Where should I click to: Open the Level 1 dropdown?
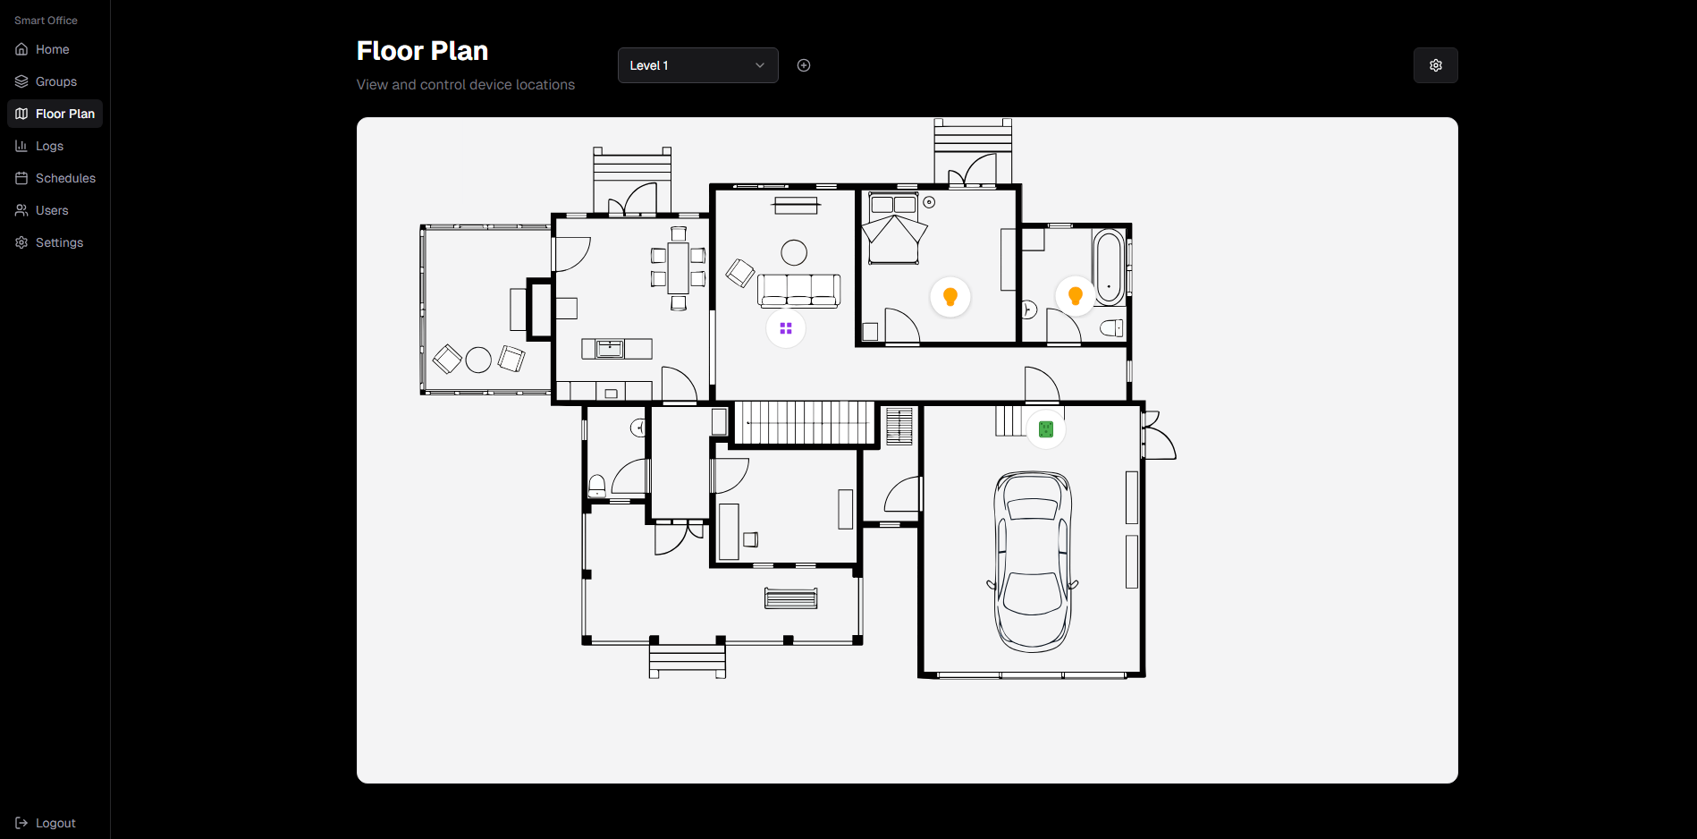pos(697,65)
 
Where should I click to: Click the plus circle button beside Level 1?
pos(804,65)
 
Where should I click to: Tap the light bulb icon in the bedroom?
pos(950,297)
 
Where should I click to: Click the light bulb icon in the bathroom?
pos(1076,296)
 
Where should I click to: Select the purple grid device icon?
pos(786,329)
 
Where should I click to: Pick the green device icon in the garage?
pos(1046,429)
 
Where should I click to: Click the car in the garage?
pos(1033,562)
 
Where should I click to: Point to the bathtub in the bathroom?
pos(1109,267)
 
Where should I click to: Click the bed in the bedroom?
pos(894,228)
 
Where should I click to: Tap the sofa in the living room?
pos(799,291)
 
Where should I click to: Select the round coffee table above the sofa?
pos(794,253)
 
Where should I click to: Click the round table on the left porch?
pos(478,360)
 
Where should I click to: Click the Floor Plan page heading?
pos(422,51)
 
